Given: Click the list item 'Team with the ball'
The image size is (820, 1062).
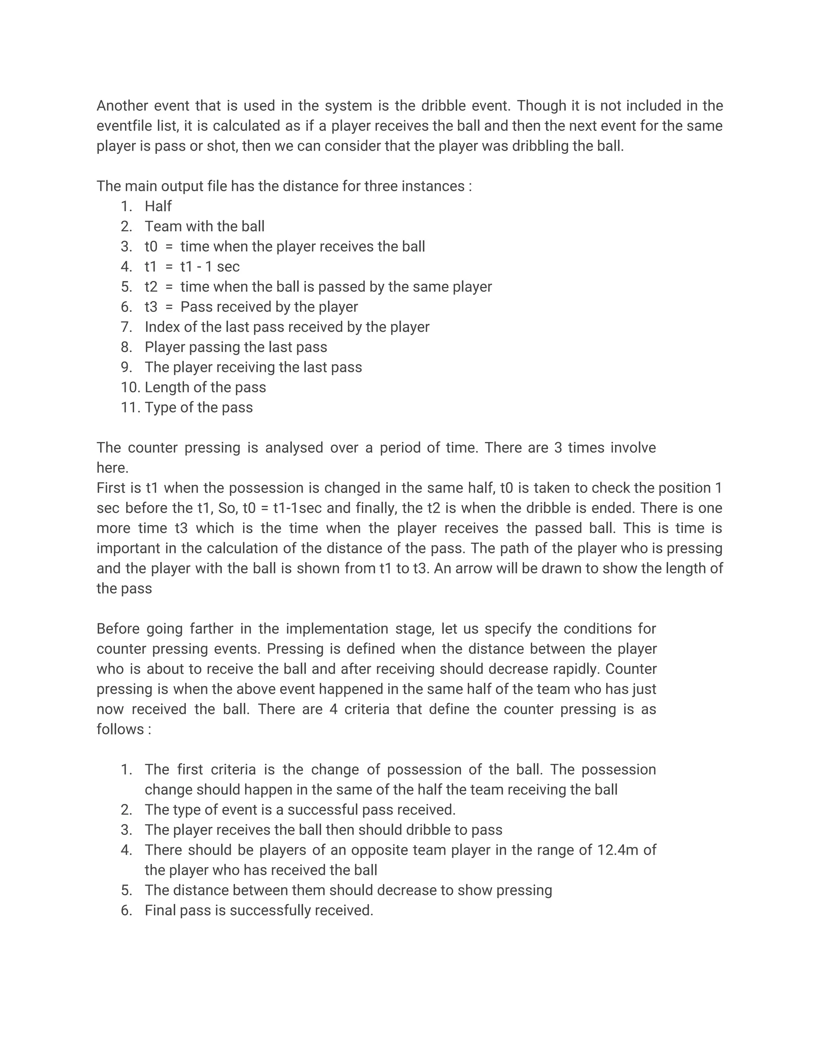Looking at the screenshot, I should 205,226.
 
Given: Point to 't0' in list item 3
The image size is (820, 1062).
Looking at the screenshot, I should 151,246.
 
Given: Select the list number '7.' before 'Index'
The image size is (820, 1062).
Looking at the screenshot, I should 126,327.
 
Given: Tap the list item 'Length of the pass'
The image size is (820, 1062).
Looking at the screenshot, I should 205,388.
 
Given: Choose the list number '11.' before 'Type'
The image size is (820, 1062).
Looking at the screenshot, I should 130,408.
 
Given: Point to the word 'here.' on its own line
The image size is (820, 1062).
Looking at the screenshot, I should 112,468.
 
